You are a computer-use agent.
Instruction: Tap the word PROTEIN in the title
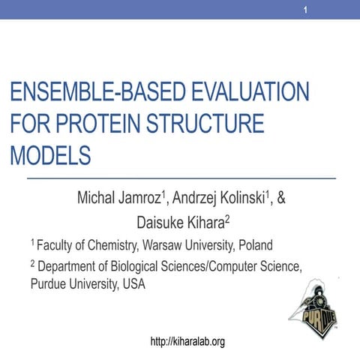[x=113, y=123]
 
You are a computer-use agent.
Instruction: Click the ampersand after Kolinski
[x=282, y=200]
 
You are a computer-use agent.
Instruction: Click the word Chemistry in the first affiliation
[x=116, y=245]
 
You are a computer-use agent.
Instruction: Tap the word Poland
[x=257, y=245]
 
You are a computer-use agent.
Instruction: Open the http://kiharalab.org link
[x=188, y=342]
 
